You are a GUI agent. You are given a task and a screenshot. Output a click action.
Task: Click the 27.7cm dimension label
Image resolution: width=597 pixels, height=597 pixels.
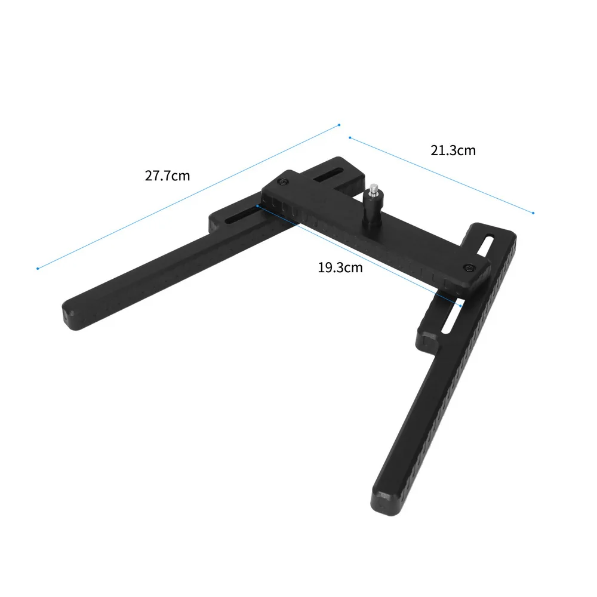point(167,176)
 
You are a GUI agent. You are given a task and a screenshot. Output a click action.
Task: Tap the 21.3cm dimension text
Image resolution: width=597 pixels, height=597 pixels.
point(453,150)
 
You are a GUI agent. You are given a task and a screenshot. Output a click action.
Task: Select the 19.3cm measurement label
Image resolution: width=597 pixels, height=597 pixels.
point(340,267)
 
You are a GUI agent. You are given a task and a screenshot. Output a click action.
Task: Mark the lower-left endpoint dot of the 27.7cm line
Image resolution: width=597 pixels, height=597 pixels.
point(38,268)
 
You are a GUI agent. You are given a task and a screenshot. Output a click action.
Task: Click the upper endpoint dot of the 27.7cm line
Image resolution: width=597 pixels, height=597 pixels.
point(339,125)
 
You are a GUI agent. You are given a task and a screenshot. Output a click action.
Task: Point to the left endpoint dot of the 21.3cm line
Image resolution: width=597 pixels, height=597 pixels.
point(349,138)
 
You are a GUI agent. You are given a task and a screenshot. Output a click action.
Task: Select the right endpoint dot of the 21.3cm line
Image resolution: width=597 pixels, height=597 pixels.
point(533,213)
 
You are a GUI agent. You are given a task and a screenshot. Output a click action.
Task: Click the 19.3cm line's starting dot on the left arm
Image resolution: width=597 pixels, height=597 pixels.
point(257,206)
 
